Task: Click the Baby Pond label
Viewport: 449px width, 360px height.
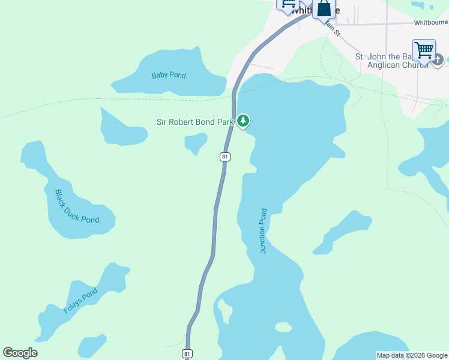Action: [169, 76]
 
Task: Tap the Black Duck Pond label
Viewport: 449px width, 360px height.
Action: [77, 206]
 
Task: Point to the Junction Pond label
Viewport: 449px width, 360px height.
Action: [263, 231]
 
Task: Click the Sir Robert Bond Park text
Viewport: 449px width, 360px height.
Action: [194, 122]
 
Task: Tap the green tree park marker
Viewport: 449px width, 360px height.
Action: [243, 121]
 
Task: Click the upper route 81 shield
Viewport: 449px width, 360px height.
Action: [224, 157]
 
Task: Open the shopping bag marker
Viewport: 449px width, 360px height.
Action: [324, 8]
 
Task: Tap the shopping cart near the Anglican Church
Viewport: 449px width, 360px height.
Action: [424, 49]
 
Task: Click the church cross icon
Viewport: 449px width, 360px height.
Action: [438, 59]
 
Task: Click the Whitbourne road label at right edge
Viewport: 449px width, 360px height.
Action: [430, 23]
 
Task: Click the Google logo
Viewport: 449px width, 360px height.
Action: [20, 353]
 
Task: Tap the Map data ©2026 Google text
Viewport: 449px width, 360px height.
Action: [412, 355]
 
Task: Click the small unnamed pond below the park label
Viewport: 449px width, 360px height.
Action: [196, 143]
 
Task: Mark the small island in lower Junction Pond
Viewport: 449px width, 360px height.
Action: [283, 327]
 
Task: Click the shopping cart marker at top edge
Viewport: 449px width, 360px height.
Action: [287, 4]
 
